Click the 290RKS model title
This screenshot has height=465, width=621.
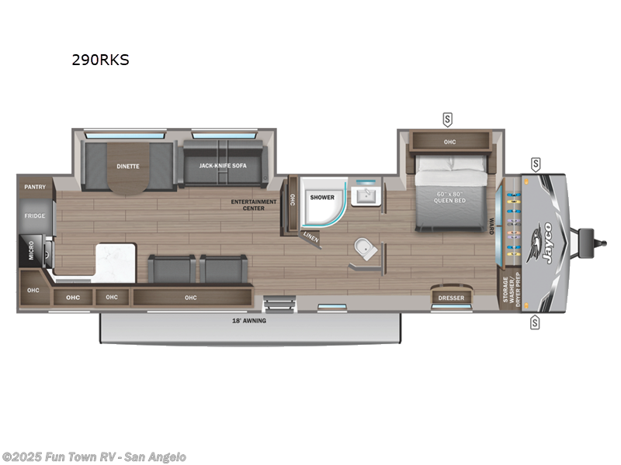point(101,59)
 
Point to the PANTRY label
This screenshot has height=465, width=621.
point(34,187)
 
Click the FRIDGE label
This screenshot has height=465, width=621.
point(34,215)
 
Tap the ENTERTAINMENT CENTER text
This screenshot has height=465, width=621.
point(253,205)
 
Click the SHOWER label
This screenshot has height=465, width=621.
point(322,197)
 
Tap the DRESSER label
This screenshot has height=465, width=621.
point(451,297)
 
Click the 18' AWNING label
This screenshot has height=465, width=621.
point(249,320)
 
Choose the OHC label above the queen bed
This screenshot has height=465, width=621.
point(450,142)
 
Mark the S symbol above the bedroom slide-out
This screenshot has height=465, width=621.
point(447,119)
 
